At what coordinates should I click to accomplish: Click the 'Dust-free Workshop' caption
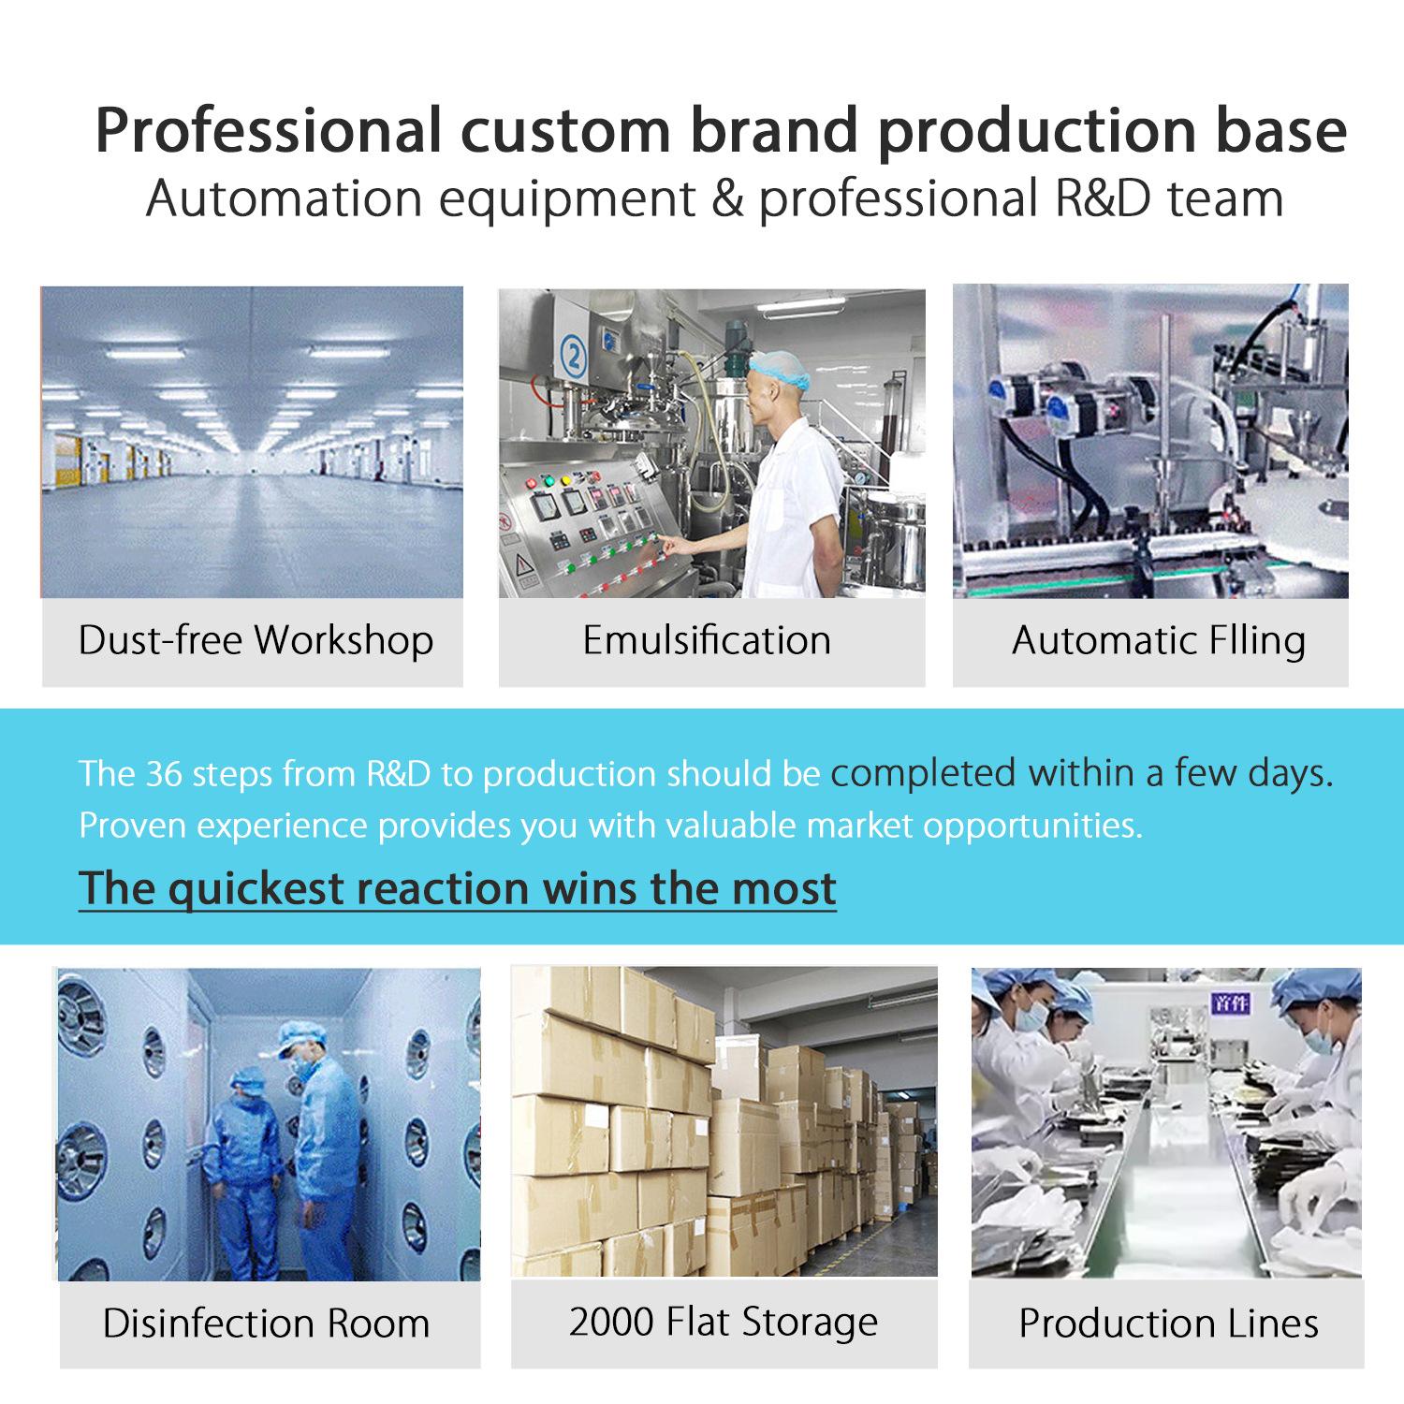pos(256,641)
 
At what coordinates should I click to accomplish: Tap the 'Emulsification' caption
pos(707,641)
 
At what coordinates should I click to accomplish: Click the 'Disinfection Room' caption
pos(266,1324)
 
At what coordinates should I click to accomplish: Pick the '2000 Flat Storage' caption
pos(724,1323)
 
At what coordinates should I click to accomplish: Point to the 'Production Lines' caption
pos(1168,1324)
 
